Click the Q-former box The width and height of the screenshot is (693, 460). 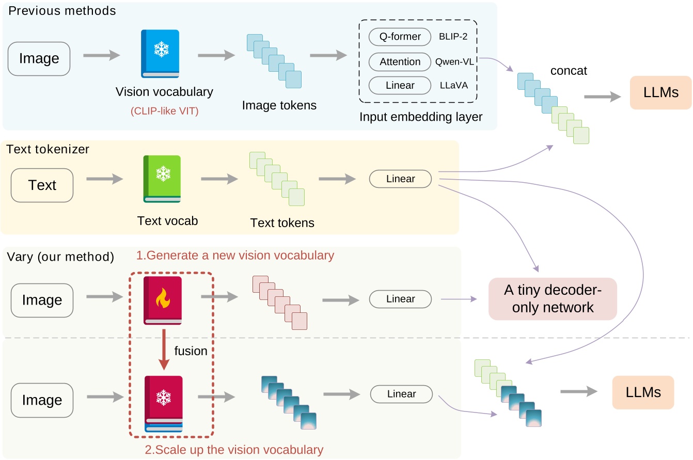(x=400, y=37)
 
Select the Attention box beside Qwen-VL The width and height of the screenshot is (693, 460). (x=400, y=61)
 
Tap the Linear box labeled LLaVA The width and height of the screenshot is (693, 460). (x=400, y=85)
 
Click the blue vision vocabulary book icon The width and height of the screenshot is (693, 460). (x=160, y=53)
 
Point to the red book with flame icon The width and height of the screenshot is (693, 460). (x=163, y=300)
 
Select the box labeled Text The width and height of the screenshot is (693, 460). (x=43, y=185)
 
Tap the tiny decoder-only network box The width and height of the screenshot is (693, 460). (x=552, y=299)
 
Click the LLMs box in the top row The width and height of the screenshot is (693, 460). (x=660, y=92)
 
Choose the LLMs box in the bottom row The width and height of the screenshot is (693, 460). (x=642, y=392)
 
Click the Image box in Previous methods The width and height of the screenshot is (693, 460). (x=39, y=58)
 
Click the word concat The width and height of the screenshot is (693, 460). (x=569, y=71)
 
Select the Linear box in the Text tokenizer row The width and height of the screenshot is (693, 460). (x=400, y=179)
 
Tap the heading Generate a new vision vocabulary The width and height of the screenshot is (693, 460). (x=235, y=255)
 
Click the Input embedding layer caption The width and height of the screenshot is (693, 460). (x=421, y=117)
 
